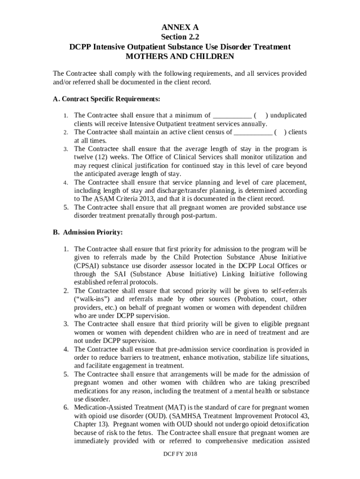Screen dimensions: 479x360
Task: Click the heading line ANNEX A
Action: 180,28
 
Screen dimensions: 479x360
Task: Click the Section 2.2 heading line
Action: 180,37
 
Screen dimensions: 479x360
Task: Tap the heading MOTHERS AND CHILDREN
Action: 180,57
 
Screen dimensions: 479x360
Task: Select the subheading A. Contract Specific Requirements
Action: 107,99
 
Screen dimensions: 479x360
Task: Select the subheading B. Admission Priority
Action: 87,232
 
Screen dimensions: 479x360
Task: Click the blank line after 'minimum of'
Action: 232,116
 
